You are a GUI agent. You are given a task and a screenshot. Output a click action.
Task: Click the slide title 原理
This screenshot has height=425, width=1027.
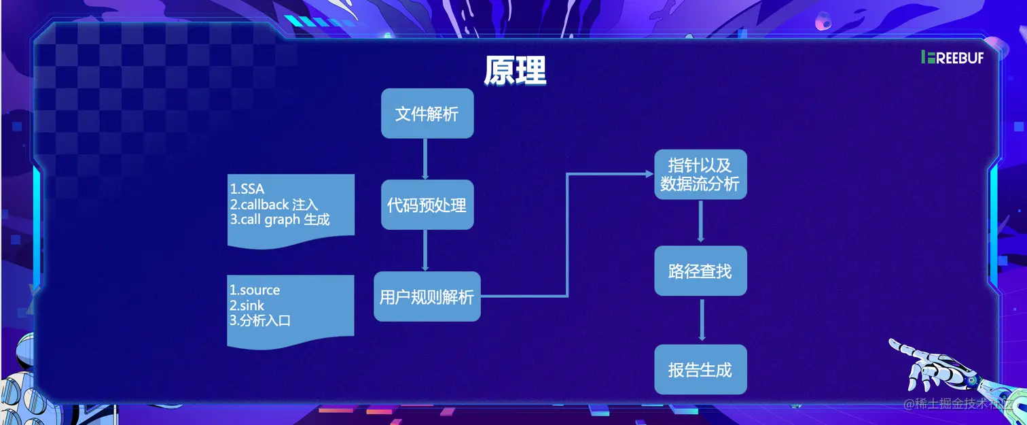(x=515, y=70)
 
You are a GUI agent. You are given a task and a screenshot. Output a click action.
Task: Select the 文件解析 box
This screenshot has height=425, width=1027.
(x=427, y=114)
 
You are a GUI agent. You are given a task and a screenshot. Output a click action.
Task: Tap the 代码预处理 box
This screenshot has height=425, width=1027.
(x=427, y=205)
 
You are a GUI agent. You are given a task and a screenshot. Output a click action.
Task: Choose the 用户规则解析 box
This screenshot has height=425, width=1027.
(x=427, y=296)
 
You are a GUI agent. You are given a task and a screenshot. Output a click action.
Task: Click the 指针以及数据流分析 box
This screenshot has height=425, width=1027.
(x=700, y=175)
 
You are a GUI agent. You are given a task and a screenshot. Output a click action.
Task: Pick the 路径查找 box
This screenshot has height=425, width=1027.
(x=700, y=271)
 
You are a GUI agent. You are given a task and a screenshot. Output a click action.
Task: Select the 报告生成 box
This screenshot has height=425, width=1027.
(x=700, y=370)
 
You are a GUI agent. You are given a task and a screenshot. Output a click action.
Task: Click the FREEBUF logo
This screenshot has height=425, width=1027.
(x=952, y=58)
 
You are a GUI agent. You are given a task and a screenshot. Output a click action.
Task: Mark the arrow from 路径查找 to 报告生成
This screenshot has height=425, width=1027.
(x=702, y=320)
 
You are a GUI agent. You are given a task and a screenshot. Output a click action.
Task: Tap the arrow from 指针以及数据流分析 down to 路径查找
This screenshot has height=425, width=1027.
(x=701, y=222)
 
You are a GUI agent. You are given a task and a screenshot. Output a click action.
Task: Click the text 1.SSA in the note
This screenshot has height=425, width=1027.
(x=247, y=189)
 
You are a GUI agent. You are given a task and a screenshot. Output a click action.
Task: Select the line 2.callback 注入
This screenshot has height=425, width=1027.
(x=274, y=205)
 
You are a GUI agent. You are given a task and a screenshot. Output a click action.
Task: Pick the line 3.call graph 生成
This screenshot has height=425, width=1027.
(x=280, y=220)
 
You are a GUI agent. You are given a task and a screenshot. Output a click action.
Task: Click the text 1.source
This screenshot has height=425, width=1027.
(x=255, y=290)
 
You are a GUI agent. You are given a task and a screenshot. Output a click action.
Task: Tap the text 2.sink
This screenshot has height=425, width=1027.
(x=247, y=305)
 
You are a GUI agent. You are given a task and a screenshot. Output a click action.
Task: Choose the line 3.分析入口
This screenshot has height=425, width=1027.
(x=260, y=320)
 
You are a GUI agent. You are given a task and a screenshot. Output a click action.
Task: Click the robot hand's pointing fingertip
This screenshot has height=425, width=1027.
(x=892, y=341)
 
